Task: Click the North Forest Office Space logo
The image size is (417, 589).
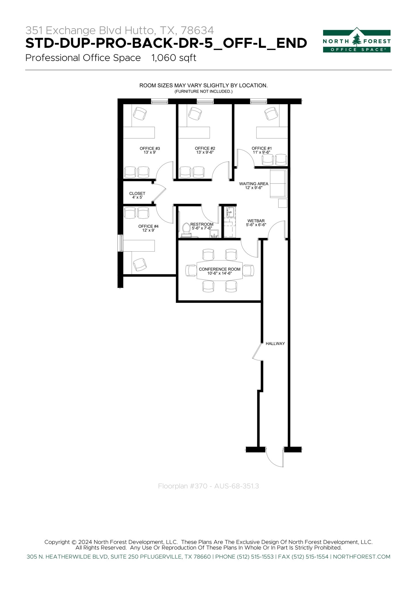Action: pyautogui.click(x=357, y=41)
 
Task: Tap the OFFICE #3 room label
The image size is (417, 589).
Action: pyautogui.click(x=150, y=150)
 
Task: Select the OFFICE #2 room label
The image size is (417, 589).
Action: pyautogui.click(x=205, y=150)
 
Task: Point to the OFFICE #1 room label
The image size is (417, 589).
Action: pyautogui.click(x=261, y=150)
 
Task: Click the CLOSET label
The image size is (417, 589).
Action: pyautogui.click(x=137, y=195)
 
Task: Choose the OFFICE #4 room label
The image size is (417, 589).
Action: pyautogui.click(x=148, y=228)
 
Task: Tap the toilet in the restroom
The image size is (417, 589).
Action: pyautogui.click(x=186, y=228)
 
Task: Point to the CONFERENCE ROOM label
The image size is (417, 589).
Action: pyautogui.click(x=219, y=271)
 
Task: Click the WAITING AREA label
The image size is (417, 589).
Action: pyautogui.click(x=253, y=186)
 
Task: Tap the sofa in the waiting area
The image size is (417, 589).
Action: pyautogui.click(x=278, y=183)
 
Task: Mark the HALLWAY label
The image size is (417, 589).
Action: pyautogui.click(x=275, y=344)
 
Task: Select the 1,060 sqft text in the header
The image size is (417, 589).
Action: pyautogui.click(x=174, y=58)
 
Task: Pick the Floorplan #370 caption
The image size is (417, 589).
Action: pyautogui.click(x=208, y=486)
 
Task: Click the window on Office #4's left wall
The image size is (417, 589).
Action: pyautogui.click(x=121, y=243)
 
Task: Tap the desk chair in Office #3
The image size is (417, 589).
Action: pyautogui.click(x=140, y=114)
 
